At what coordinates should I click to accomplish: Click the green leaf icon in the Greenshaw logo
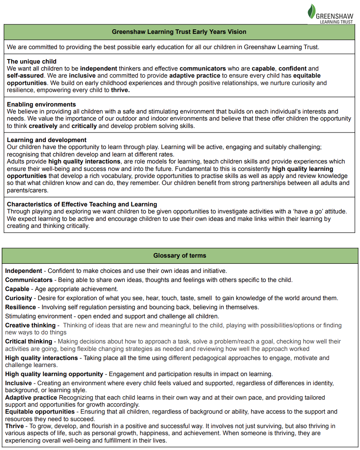tap(312, 11)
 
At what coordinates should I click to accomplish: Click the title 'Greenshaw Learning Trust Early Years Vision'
tap(179, 32)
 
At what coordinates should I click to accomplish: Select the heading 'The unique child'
tap(32, 62)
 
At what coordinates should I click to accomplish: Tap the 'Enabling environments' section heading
tap(41, 104)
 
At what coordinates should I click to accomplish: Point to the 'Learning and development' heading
tap(47, 140)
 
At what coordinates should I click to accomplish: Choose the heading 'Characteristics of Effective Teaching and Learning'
tap(82, 204)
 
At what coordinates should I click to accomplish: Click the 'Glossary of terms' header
tap(180, 256)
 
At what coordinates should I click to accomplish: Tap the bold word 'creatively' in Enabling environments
tap(43, 126)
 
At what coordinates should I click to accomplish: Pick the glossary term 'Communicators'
tap(29, 280)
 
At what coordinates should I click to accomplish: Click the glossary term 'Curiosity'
tap(19, 298)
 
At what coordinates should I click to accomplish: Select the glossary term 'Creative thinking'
tap(30, 325)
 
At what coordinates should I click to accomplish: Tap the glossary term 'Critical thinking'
tap(28, 341)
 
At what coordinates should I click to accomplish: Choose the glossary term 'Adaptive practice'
tap(31, 398)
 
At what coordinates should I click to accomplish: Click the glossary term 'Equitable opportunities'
tap(40, 412)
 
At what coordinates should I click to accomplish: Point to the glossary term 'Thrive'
tap(14, 426)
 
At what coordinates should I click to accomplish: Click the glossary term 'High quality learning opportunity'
tap(54, 374)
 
